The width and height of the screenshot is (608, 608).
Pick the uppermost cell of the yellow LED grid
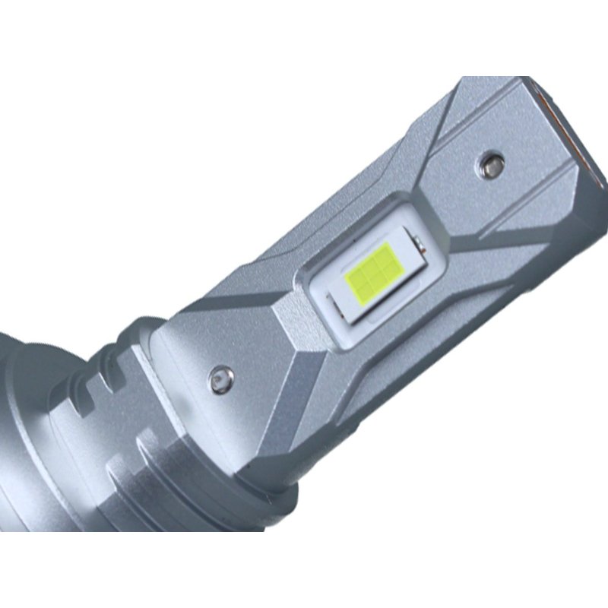[x=386, y=254]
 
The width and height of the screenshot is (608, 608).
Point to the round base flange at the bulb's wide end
[x=23, y=426]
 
